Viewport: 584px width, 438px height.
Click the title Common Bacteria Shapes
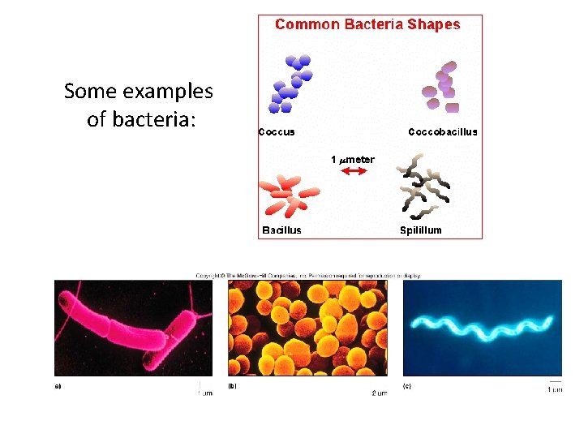coord(367,24)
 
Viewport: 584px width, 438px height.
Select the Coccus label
coord(277,131)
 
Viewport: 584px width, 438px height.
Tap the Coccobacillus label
coord(442,131)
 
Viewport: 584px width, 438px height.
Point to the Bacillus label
coord(281,230)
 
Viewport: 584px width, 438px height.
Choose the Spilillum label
coord(421,230)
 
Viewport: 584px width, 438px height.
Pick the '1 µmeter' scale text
coord(353,159)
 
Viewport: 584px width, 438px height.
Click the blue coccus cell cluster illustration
coord(290,84)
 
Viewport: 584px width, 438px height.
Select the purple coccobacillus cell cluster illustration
coord(441,86)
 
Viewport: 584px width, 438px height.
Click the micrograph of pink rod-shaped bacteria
coord(133,327)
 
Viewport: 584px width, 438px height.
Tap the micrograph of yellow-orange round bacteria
coord(307,327)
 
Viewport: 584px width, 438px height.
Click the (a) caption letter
coord(58,386)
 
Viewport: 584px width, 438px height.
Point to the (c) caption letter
coord(407,386)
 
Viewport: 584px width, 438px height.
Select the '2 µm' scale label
coord(379,393)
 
